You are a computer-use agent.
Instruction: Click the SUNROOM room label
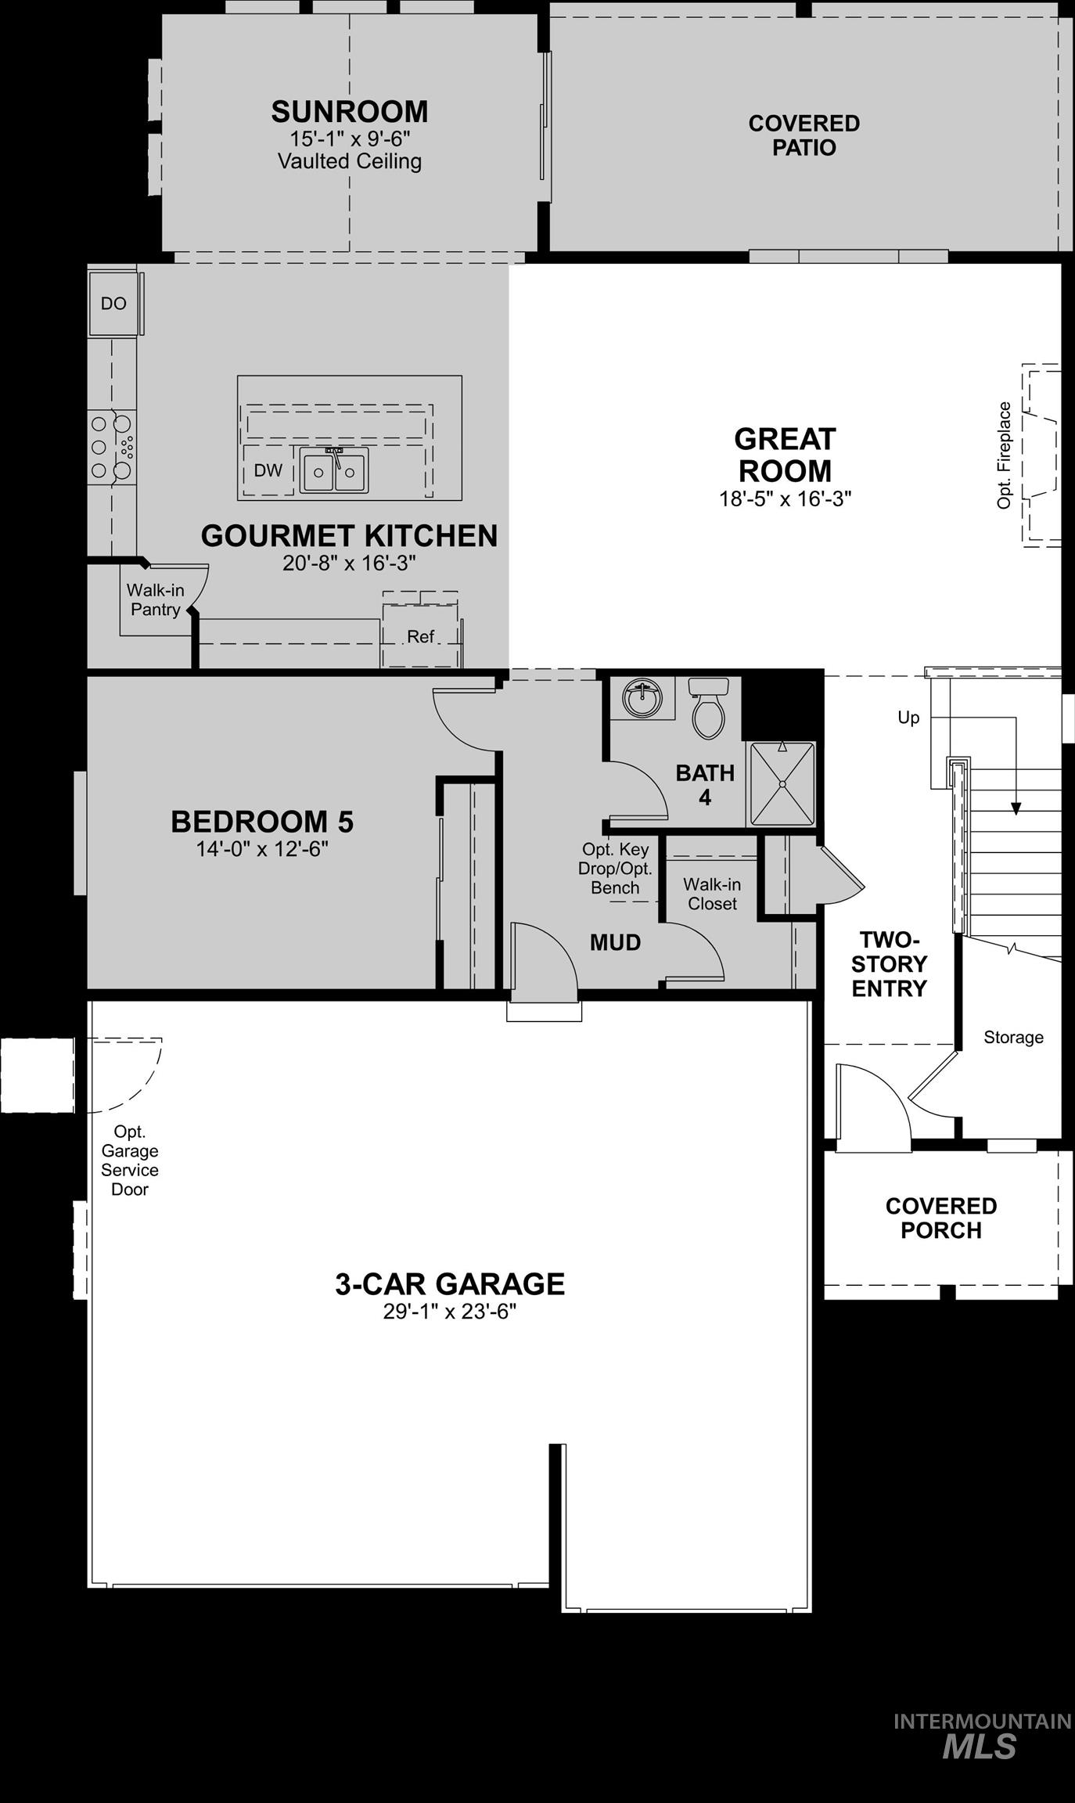click(x=350, y=112)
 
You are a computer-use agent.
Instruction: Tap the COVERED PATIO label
click(x=804, y=135)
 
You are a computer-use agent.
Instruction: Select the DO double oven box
click(x=113, y=304)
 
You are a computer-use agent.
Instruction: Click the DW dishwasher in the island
click(x=268, y=470)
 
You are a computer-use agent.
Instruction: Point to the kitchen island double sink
click(x=335, y=471)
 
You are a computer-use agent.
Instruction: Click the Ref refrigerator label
click(x=420, y=637)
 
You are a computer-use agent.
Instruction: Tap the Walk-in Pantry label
click(x=155, y=600)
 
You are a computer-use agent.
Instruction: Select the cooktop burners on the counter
click(x=112, y=447)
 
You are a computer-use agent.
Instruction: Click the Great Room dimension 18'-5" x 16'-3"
click(x=785, y=498)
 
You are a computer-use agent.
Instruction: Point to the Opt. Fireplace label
click(x=1005, y=455)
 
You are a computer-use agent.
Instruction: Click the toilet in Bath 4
click(x=709, y=708)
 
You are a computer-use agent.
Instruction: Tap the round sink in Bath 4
click(x=642, y=696)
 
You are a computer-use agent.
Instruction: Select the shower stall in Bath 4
click(x=782, y=784)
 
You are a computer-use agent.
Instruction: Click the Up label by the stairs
click(x=908, y=718)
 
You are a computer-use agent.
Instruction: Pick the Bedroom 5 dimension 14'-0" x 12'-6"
click(x=262, y=849)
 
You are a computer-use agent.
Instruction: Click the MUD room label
click(x=615, y=942)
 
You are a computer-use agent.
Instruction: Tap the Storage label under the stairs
click(x=1013, y=1038)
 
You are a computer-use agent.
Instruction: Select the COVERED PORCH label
click(x=940, y=1218)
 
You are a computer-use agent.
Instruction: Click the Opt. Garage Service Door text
click(x=130, y=1161)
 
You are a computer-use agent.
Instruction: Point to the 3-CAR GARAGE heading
click(x=450, y=1284)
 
